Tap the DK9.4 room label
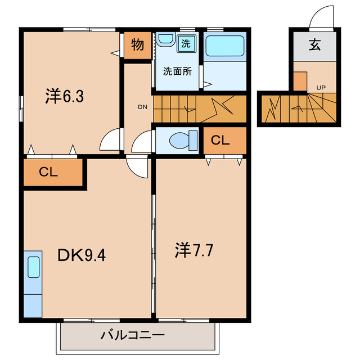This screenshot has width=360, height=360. (82, 256)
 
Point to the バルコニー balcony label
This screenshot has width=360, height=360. (133, 336)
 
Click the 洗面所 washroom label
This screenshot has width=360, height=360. (177, 71)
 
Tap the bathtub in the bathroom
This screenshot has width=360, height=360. (224, 46)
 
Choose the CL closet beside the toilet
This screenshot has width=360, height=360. (220, 140)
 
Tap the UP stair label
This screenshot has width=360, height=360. (321, 87)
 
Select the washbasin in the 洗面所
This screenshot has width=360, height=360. (165, 40)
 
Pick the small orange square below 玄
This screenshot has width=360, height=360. (300, 82)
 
